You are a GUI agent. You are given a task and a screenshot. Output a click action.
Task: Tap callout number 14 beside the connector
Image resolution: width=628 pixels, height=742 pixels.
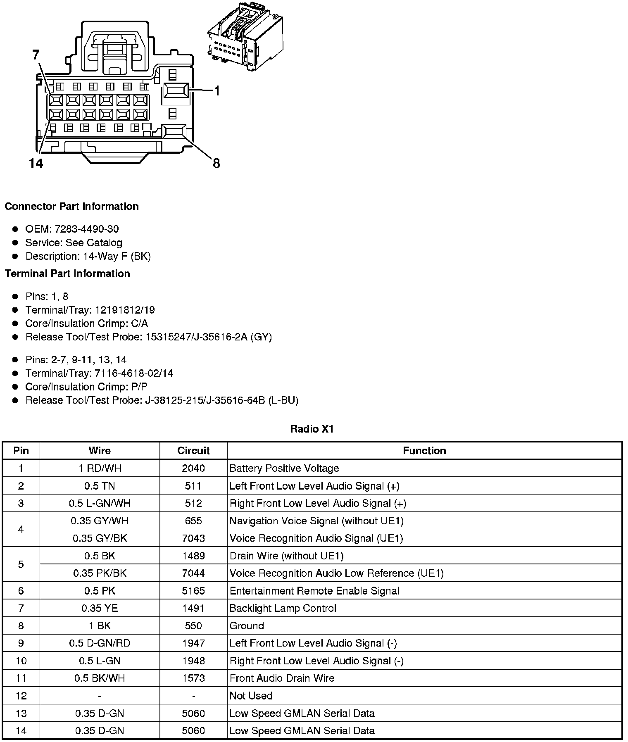pyautogui.click(x=36, y=164)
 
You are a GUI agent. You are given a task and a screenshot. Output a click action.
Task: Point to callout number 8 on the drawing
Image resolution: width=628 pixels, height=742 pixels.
pyautogui.click(x=216, y=164)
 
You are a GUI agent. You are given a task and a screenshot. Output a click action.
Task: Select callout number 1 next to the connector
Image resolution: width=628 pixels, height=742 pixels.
pyautogui.click(x=216, y=91)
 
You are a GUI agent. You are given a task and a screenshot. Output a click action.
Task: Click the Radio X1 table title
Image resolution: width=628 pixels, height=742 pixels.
pyautogui.click(x=312, y=429)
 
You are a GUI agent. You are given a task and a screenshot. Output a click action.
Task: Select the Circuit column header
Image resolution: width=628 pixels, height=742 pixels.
pyautogui.click(x=193, y=450)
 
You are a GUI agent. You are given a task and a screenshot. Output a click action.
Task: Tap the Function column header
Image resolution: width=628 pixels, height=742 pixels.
pyautogui.click(x=424, y=450)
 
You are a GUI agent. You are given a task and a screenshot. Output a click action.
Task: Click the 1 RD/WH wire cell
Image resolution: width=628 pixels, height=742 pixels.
pyautogui.click(x=100, y=468)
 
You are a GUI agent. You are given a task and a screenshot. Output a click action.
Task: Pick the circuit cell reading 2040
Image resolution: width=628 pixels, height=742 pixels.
pyautogui.click(x=193, y=468)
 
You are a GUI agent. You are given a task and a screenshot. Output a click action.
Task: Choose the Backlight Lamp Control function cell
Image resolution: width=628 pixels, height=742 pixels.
pyautogui.click(x=283, y=608)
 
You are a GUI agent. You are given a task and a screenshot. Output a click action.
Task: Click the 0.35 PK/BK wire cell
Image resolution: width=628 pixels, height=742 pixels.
pyautogui.click(x=100, y=573)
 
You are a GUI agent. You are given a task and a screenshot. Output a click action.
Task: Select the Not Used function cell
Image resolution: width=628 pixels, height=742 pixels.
pyautogui.click(x=251, y=696)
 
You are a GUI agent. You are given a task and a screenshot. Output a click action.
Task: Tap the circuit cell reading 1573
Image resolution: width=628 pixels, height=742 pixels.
pyautogui.click(x=193, y=678)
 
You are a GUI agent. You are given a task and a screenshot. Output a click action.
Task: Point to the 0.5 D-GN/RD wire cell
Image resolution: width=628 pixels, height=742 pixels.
pyautogui.click(x=100, y=643)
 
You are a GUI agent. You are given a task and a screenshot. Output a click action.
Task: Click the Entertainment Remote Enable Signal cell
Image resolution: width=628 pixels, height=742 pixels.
pyautogui.click(x=314, y=591)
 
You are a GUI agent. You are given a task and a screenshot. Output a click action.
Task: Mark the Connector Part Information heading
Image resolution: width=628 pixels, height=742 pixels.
pyautogui.click(x=71, y=207)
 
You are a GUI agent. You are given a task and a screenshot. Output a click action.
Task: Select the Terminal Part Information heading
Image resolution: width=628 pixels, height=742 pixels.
pyautogui.click(x=67, y=273)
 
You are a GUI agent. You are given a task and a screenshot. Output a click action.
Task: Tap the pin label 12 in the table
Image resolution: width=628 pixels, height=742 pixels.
pyautogui.click(x=21, y=696)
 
